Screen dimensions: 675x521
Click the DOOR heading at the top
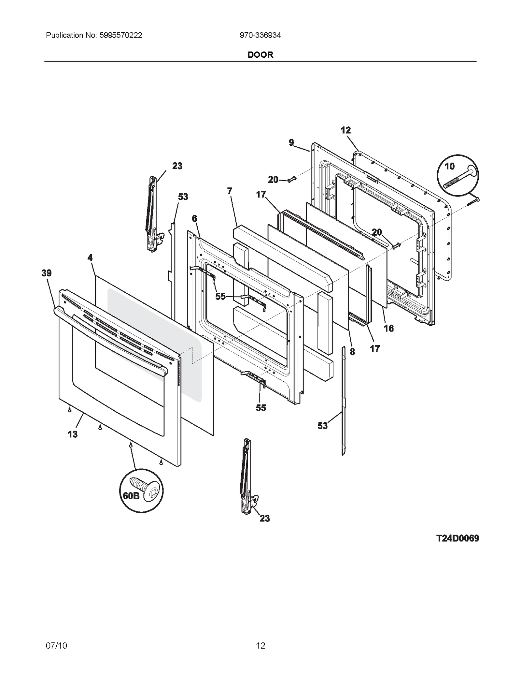pyautogui.click(x=260, y=55)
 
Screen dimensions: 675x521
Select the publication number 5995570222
pyautogui.click(x=120, y=35)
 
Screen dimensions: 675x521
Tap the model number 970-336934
pyautogui.click(x=260, y=35)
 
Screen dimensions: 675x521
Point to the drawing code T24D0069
pyautogui.click(x=458, y=538)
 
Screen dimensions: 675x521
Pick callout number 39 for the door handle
pyautogui.click(x=47, y=273)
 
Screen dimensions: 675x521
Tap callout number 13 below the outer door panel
pyautogui.click(x=73, y=434)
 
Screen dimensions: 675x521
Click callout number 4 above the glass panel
pyautogui.click(x=90, y=258)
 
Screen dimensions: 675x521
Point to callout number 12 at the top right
pyautogui.click(x=346, y=130)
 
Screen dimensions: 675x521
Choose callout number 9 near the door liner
pyautogui.click(x=291, y=142)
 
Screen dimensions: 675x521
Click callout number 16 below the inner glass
pyautogui.click(x=389, y=328)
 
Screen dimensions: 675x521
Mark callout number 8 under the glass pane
pyautogui.click(x=352, y=352)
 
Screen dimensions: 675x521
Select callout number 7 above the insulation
pyautogui.click(x=230, y=191)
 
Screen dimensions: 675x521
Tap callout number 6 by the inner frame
pyautogui.click(x=194, y=218)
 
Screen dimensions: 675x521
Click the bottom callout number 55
pyautogui.click(x=261, y=408)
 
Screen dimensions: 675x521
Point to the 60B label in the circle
pyautogui.click(x=131, y=496)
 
